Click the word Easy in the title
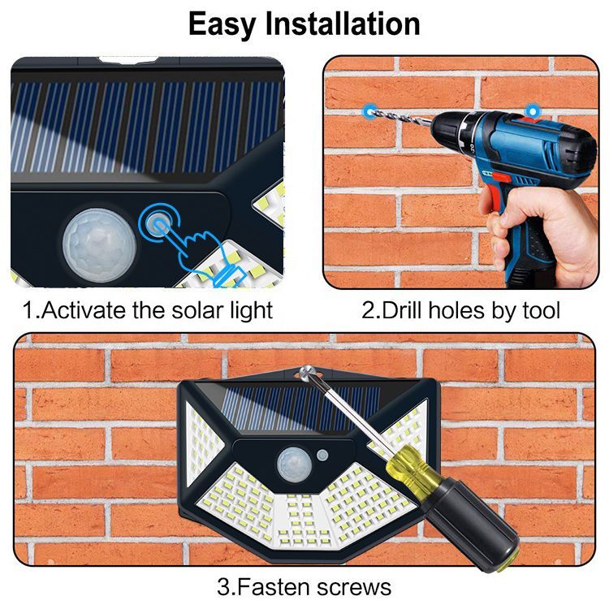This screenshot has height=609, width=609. (222, 24)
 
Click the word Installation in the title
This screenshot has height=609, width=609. (343, 24)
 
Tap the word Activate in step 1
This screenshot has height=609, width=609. (84, 310)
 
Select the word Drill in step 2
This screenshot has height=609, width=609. (403, 310)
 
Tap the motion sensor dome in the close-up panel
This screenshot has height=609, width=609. (99, 245)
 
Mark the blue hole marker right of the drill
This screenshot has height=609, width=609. (533, 111)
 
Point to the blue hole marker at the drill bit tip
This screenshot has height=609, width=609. (369, 111)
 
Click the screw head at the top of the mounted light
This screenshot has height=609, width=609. (308, 372)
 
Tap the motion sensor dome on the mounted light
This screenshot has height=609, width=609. (294, 464)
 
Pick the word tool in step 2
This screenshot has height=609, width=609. (541, 310)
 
